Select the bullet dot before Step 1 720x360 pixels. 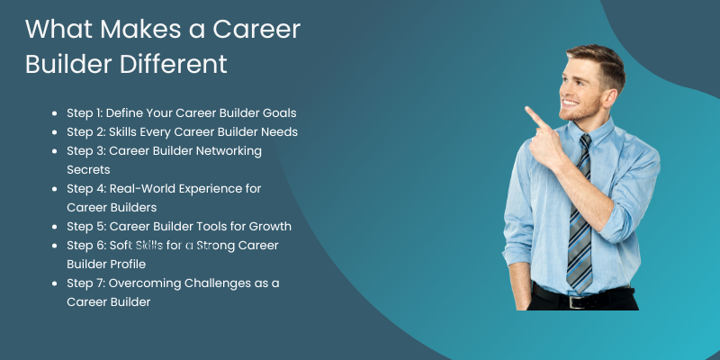tap(58, 114)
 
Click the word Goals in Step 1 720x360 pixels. tap(277, 113)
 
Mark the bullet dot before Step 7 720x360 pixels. tap(58, 283)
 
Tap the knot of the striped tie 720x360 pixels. tap(586, 142)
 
